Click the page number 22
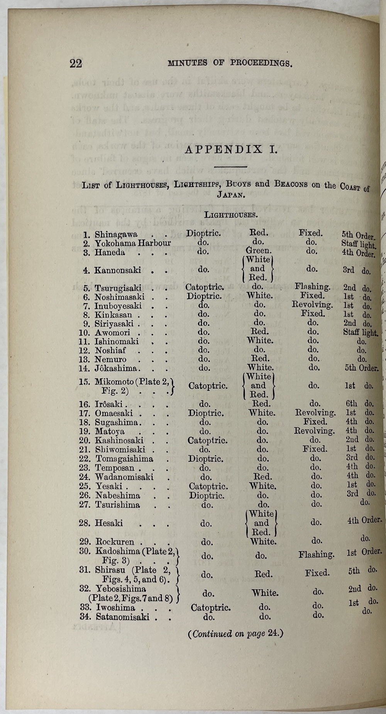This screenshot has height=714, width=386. coord(76,63)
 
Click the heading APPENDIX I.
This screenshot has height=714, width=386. coord(231,149)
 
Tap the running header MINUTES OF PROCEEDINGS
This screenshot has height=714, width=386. coord(230,63)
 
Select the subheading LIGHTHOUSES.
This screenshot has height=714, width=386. coord(231,215)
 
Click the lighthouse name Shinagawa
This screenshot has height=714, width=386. coord(116,234)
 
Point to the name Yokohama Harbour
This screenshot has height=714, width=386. coord(133,243)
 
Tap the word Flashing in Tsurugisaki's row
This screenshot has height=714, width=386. coord(312,287)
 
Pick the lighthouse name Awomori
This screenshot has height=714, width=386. coord(112,332)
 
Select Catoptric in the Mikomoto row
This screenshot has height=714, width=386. coord(208,385)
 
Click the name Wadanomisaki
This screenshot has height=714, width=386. coord(124,477)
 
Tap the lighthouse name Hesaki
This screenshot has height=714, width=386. coord(109,523)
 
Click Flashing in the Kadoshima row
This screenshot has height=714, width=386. coord(316,555)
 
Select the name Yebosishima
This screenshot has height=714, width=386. coord(120,589)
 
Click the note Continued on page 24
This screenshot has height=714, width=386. coord(235,634)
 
